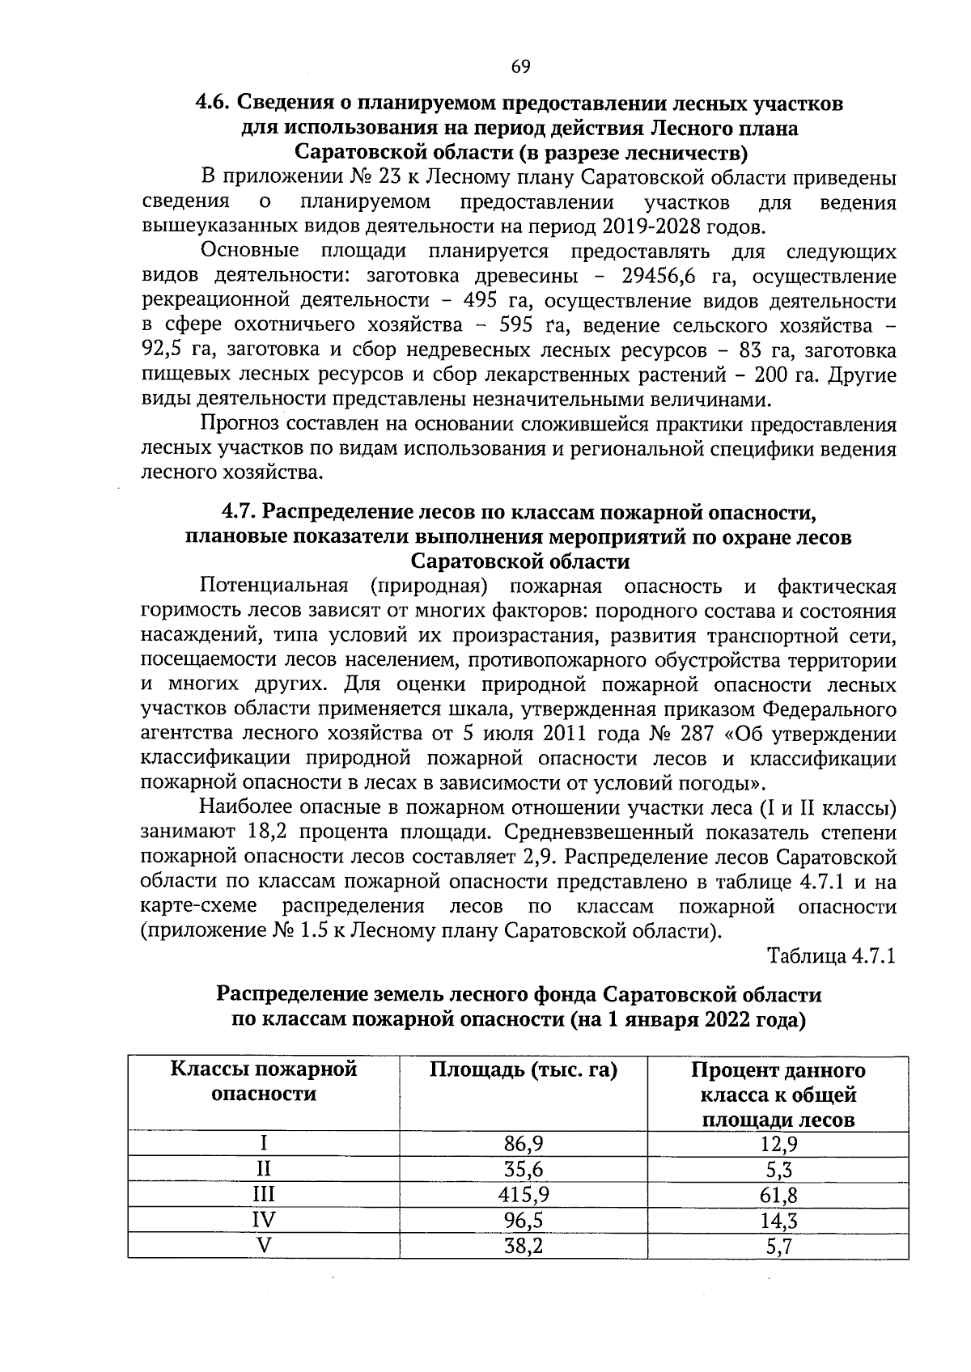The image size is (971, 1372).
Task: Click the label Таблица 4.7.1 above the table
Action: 832,956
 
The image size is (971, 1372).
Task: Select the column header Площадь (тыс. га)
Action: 523,1070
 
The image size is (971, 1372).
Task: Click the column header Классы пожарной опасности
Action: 264,1082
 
